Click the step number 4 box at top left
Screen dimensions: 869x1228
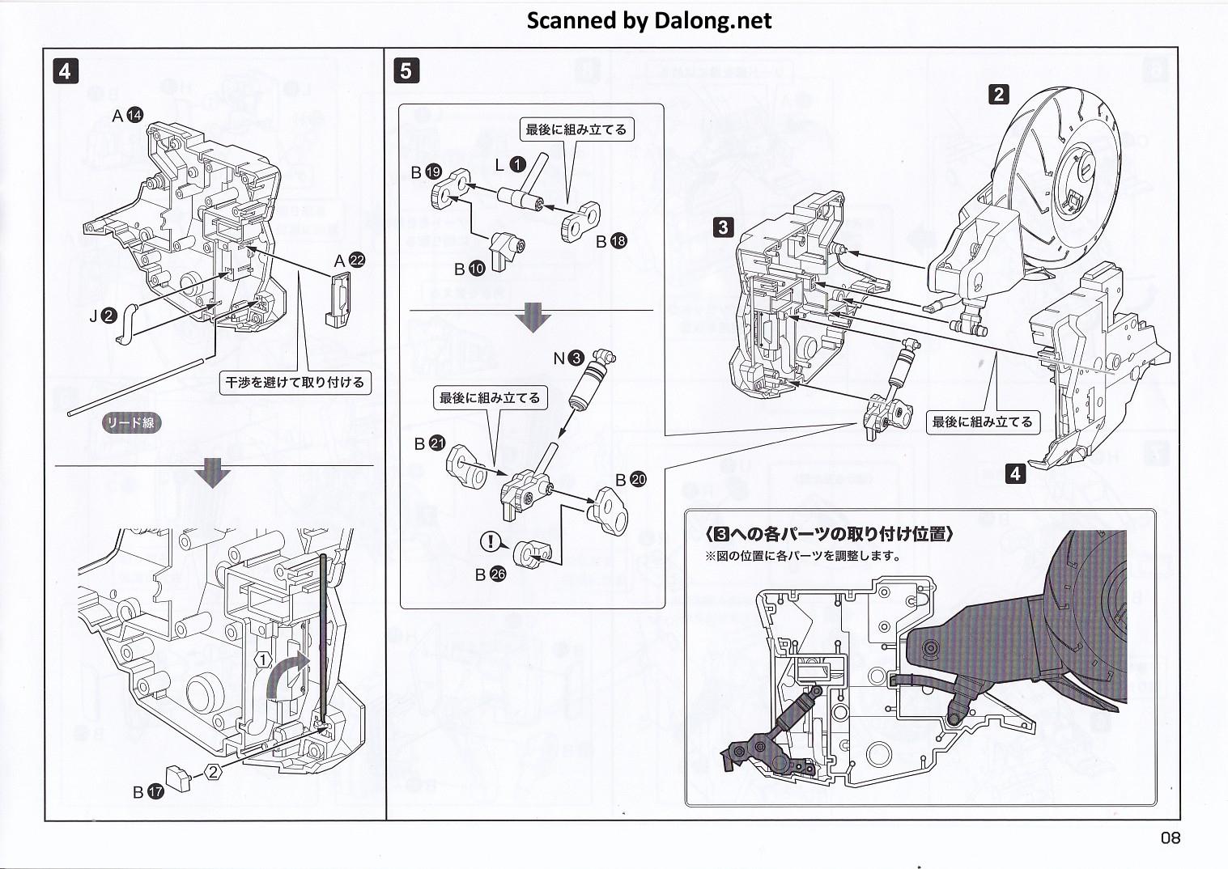(65, 71)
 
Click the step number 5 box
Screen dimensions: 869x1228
(406, 71)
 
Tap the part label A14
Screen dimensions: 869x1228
(127, 116)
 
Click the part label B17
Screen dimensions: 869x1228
(148, 792)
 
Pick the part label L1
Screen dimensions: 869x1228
(511, 165)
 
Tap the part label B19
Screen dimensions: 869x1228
(426, 172)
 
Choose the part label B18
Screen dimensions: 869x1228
(611, 241)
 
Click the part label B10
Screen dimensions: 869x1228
(470, 269)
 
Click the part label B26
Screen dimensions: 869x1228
(490, 574)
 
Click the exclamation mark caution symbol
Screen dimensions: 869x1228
(491, 542)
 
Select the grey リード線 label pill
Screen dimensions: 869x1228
(130, 423)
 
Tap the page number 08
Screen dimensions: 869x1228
(1171, 838)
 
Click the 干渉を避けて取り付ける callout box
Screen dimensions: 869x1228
(295, 382)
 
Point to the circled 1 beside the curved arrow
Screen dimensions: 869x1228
(264, 659)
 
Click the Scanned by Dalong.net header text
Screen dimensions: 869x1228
(649, 20)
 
